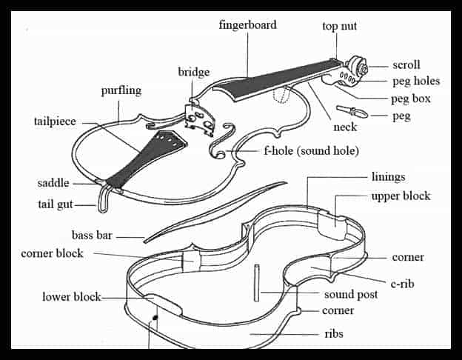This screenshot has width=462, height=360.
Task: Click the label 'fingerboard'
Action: point(247,25)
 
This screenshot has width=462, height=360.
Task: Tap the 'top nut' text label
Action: point(339,26)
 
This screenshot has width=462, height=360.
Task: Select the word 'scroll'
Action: point(406,65)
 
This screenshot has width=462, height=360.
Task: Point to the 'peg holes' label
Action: point(416,81)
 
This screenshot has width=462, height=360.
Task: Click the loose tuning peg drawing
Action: point(352,111)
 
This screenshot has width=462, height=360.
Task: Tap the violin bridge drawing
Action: point(199,119)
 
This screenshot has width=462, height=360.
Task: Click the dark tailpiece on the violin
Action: point(147,159)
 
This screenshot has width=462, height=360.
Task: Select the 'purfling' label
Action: point(121,90)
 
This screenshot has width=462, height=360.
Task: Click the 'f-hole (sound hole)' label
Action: point(311,151)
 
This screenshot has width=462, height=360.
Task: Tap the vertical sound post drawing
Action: point(257,283)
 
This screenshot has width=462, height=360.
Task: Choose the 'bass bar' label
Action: point(92,236)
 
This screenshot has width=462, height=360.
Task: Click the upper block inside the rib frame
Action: point(332,225)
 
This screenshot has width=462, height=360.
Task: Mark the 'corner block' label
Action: point(52,253)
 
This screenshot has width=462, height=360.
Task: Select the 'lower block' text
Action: point(72,296)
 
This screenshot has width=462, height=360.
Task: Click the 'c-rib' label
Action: point(402,284)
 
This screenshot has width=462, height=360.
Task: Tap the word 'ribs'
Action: point(334,334)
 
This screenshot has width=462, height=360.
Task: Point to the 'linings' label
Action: point(389,177)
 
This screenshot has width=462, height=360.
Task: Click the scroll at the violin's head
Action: point(357,67)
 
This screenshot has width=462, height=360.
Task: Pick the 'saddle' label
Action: point(53,183)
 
